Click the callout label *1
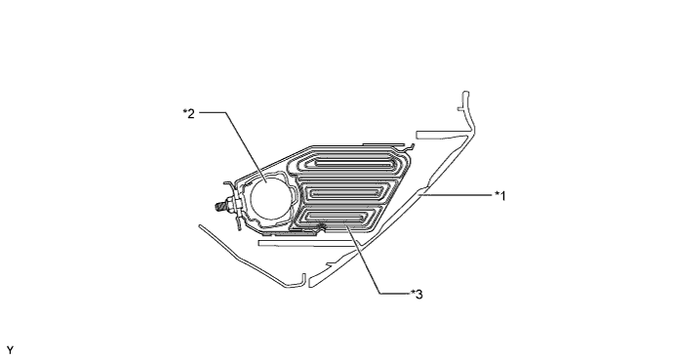498,195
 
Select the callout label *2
188,112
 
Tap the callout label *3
417,293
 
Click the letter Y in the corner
10,348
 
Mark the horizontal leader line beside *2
213,112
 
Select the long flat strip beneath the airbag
293,245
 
